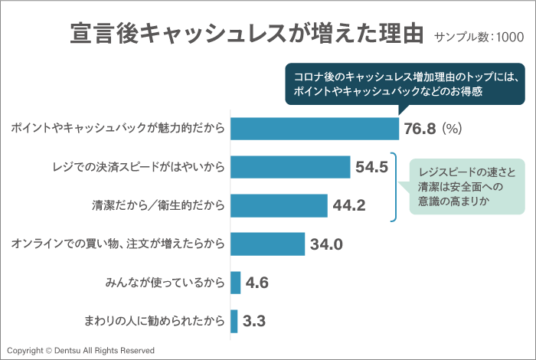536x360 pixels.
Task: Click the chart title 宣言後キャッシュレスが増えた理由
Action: (247, 34)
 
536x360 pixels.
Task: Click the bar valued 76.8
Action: (314, 128)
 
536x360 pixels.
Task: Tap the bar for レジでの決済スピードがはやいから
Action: (289, 167)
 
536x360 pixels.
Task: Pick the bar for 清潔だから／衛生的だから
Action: (279, 205)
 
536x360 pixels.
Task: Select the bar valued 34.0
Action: (267, 244)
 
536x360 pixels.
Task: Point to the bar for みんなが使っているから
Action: (235, 283)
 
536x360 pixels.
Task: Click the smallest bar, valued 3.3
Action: (234, 321)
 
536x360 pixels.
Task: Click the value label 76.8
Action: (420, 129)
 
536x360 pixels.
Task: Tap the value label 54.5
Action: (372, 167)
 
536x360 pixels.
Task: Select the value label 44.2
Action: (349, 205)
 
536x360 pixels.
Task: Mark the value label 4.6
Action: (257, 283)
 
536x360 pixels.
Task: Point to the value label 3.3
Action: (254, 321)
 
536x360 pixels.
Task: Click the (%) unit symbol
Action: (453, 129)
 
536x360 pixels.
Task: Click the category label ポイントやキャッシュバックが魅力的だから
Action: (117, 129)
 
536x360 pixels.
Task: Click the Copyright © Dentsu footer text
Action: (80, 350)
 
